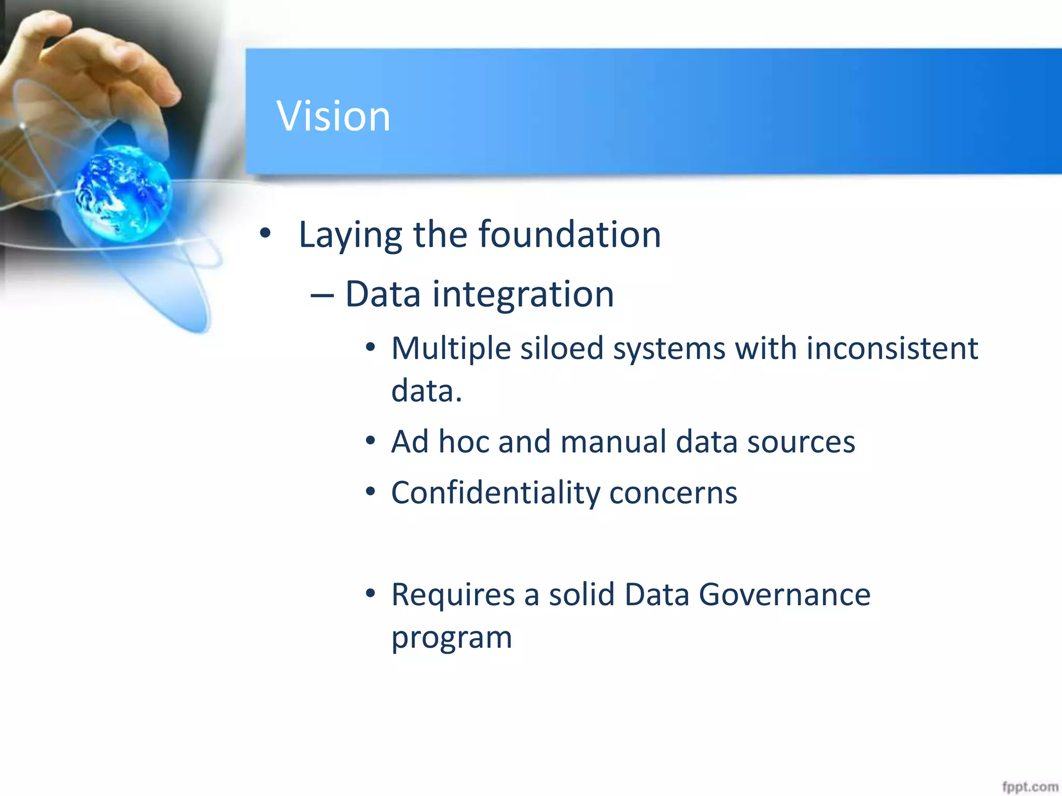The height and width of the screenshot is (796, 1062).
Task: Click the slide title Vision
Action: click(x=333, y=116)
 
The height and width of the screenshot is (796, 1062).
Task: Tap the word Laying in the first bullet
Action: click(x=350, y=236)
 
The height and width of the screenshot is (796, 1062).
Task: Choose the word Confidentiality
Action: click(x=495, y=493)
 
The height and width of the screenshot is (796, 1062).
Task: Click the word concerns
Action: click(x=673, y=493)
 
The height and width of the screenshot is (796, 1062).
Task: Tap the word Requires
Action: click(x=453, y=594)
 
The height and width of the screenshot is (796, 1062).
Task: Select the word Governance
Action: click(x=784, y=594)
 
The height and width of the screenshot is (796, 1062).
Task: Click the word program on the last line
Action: click(x=451, y=638)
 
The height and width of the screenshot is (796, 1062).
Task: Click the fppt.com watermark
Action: click(x=1029, y=787)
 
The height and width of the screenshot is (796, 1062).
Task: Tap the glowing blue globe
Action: click(x=123, y=193)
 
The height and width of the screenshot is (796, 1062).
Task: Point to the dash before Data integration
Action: click(x=322, y=295)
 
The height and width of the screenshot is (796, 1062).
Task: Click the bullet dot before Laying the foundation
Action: click(x=265, y=234)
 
